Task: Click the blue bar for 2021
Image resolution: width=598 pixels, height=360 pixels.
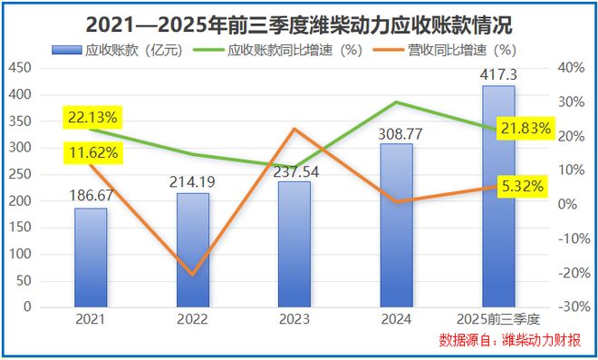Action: tap(91, 258)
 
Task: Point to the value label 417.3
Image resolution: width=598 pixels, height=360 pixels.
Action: tap(497, 73)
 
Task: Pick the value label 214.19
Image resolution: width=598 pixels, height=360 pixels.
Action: tap(192, 182)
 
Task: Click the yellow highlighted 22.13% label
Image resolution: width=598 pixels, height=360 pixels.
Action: tap(92, 117)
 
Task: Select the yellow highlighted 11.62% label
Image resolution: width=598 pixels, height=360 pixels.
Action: tap(92, 152)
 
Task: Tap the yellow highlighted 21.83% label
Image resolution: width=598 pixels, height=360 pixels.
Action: tap(524, 129)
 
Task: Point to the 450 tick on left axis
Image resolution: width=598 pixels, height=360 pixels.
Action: tap(20, 67)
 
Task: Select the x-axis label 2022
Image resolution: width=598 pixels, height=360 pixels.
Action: tap(192, 319)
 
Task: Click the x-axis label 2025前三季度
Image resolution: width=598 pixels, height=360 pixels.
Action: tap(497, 319)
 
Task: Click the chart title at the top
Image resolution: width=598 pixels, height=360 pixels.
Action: tap(298, 23)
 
